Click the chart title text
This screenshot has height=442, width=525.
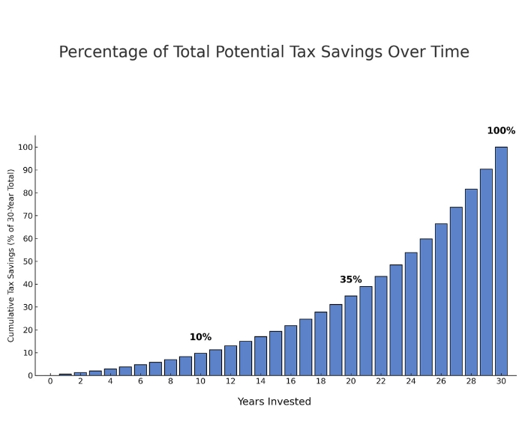point(264,52)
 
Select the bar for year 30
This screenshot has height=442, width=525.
point(501,262)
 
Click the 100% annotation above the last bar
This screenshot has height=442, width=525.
point(501,131)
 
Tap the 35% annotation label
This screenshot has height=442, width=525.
point(350,279)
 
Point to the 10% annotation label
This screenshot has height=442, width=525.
point(200,337)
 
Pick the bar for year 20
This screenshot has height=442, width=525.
point(350,336)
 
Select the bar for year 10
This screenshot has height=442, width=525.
point(200,364)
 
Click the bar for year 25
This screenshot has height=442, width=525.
point(426,307)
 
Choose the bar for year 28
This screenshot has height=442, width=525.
point(471,282)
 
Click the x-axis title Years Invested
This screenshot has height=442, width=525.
point(274,402)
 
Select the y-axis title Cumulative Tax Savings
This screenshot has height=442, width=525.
point(11,255)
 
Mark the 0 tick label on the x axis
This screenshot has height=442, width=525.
point(50,381)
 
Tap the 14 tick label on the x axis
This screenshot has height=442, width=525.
point(260,381)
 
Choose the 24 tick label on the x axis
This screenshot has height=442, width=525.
point(411,381)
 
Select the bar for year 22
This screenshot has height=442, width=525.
point(381,326)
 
